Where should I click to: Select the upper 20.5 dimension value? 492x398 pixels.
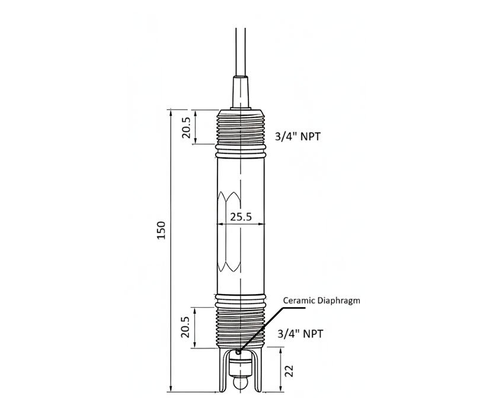coord(186,128)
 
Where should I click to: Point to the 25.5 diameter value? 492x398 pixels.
coord(241,217)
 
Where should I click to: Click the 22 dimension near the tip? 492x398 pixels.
coord(289,371)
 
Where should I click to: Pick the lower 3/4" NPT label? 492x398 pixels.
coord(300,334)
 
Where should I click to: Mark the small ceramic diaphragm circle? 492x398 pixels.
coord(238,352)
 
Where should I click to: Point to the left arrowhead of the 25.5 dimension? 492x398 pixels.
coord(221,224)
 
